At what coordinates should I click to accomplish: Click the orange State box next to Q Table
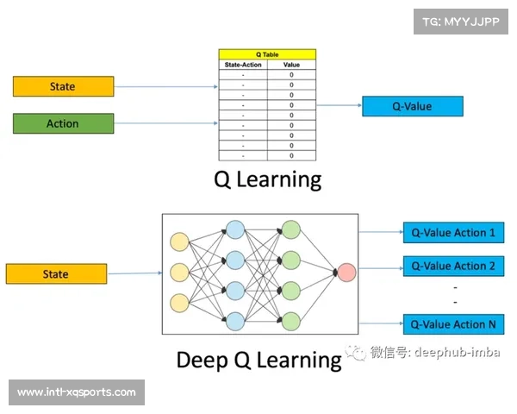point(63,86)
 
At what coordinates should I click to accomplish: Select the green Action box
point(63,123)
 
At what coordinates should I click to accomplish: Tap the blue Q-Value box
point(412,106)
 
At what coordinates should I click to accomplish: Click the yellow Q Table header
point(267,54)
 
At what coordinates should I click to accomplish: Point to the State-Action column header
point(243,65)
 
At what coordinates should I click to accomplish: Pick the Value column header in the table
point(291,65)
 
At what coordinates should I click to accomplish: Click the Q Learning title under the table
point(267,179)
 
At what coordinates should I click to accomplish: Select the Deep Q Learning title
point(259,359)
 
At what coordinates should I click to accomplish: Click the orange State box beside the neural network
point(56,274)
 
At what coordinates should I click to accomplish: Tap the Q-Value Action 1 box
point(452,232)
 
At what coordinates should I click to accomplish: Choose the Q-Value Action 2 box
point(452,266)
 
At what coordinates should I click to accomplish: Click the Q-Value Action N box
point(452,324)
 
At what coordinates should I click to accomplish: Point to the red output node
point(346,273)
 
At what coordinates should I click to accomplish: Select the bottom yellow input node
point(180,304)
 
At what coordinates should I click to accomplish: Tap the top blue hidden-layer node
point(235,229)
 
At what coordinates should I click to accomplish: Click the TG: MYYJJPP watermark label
point(461,22)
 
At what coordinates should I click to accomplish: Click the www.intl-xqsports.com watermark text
point(76,392)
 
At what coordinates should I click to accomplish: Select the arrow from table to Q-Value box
point(339,106)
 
